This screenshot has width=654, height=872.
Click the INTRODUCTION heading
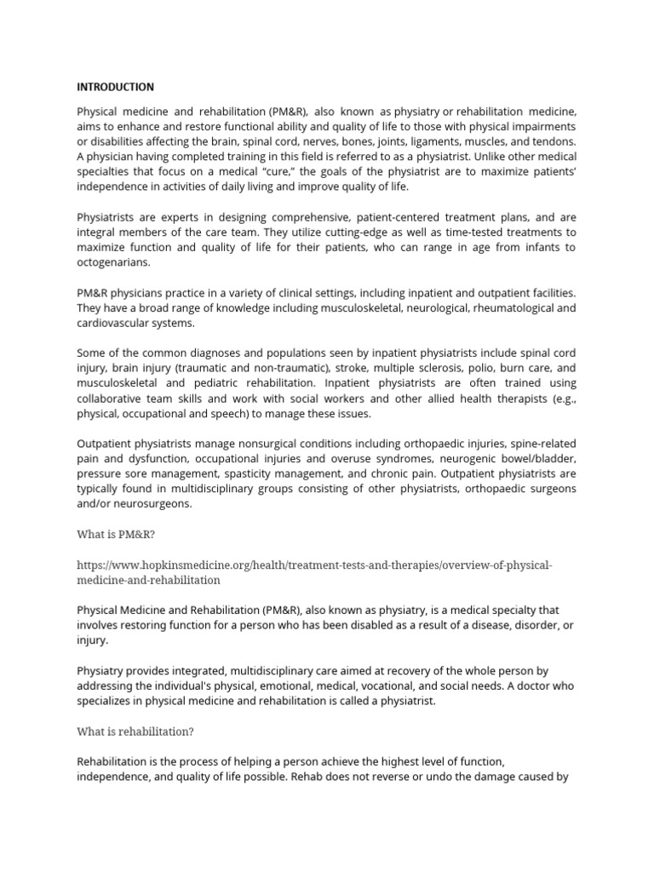pyautogui.click(x=116, y=87)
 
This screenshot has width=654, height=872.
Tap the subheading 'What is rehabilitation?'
pyautogui.click(x=137, y=731)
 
